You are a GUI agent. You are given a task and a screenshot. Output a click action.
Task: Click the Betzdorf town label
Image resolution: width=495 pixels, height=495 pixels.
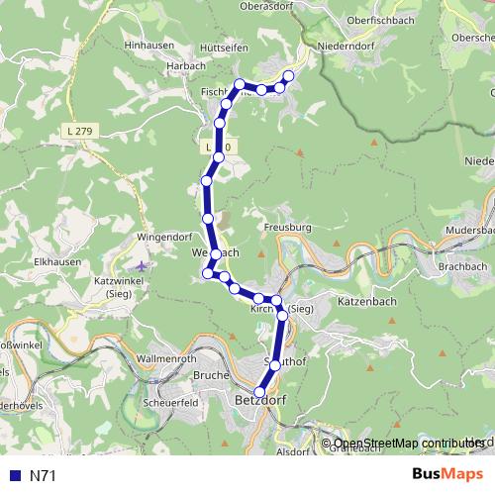tap(260, 401)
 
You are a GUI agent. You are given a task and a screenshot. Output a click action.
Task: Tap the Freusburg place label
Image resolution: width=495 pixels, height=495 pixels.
tap(288, 228)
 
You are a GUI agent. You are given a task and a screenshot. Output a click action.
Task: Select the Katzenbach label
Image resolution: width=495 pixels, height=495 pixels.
tap(366, 300)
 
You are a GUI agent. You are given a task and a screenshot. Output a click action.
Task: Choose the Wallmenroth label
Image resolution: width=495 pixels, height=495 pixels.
tap(170, 356)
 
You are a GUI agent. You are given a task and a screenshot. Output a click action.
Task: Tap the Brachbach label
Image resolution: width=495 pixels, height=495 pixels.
tap(461, 267)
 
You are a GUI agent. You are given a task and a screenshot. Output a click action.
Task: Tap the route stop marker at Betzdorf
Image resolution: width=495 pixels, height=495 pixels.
tap(260, 391)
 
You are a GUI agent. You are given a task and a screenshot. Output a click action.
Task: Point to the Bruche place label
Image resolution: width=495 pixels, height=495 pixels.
tap(212, 376)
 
